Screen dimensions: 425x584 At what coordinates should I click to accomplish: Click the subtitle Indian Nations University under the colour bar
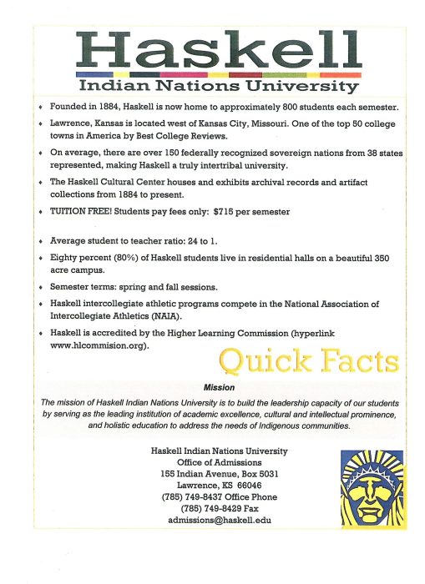pos(218,87)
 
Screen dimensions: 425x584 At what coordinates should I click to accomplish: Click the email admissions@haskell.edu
pos(220,520)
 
